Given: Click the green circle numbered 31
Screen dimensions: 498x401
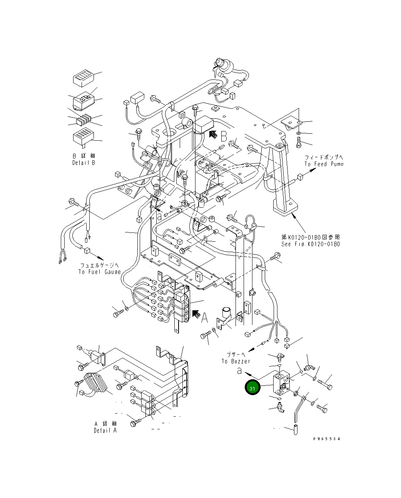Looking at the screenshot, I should [x=252, y=388].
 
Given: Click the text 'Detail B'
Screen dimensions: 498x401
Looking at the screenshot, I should [x=84, y=163].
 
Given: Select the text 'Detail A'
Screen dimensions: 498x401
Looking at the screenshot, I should [x=105, y=430].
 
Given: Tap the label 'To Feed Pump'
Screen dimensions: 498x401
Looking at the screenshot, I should [x=323, y=164].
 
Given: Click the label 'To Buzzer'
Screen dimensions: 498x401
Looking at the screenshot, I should [x=236, y=361].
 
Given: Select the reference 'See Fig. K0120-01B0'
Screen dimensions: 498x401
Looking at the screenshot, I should [x=311, y=244].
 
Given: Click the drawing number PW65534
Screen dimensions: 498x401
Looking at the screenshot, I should [x=326, y=439].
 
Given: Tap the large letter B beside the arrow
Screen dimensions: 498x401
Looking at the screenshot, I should [x=224, y=136].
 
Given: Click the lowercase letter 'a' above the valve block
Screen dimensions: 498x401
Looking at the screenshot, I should [x=239, y=371].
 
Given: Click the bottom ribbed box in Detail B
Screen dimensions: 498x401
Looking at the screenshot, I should [x=83, y=138].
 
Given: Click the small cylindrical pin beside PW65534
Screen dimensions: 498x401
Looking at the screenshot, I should [x=295, y=429].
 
